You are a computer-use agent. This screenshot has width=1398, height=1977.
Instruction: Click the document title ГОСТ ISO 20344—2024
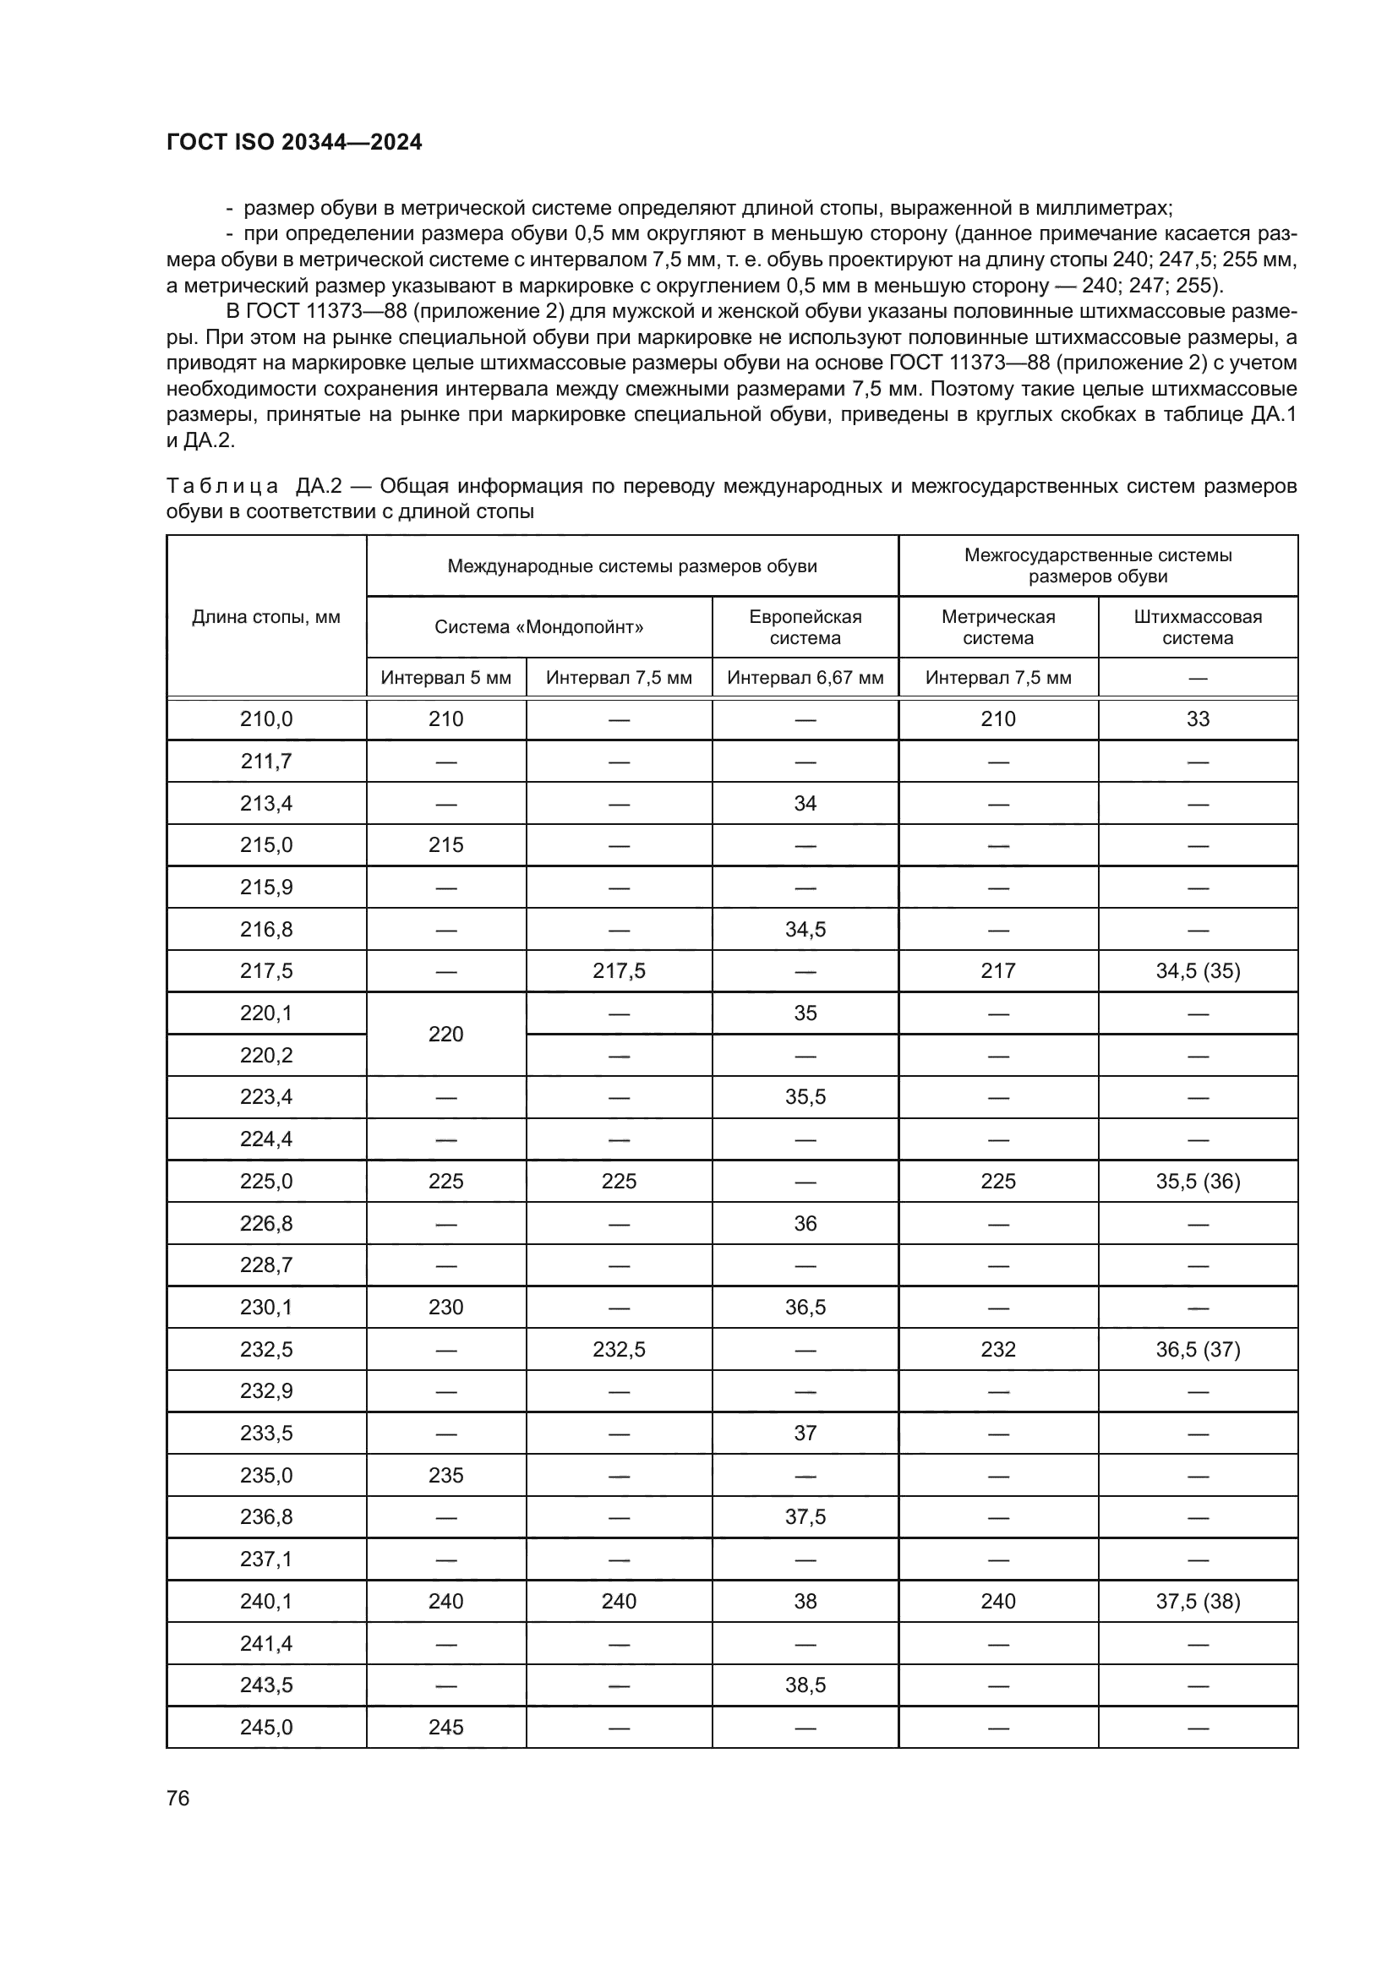pos(293,143)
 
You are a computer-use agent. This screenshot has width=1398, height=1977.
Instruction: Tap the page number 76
pos(178,1798)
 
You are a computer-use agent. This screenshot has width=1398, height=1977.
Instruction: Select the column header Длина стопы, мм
pos(266,616)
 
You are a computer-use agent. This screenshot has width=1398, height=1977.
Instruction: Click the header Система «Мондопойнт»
pos(539,627)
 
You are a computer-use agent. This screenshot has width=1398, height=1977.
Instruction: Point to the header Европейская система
pos(805,627)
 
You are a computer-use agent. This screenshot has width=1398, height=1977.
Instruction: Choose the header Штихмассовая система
pos(1198,627)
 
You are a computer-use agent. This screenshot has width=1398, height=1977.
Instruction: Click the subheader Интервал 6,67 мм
pos(805,678)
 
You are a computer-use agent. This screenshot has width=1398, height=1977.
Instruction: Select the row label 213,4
pos(266,803)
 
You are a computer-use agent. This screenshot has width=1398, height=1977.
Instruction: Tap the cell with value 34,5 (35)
pos(1198,971)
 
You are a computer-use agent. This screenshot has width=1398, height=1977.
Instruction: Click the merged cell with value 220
pos(446,1034)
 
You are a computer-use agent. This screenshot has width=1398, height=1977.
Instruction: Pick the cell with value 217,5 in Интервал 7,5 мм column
pos(619,971)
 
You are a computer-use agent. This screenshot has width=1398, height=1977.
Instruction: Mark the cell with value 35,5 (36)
pos(1198,1182)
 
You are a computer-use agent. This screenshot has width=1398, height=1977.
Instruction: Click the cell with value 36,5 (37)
pos(1198,1349)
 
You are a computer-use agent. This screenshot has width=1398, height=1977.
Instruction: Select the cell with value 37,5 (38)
pos(1198,1602)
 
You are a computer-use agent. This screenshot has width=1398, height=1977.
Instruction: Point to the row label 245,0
pos(266,1728)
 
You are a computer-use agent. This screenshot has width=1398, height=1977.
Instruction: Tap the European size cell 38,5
pos(805,1685)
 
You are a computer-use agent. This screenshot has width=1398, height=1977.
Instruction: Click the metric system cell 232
pos(997,1349)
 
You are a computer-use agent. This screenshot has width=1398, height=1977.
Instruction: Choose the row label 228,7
pos(266,1265)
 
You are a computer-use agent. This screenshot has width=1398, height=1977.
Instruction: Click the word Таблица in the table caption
pos(222,487)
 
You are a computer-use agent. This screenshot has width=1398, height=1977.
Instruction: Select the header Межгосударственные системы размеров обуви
pos(1098,565)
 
